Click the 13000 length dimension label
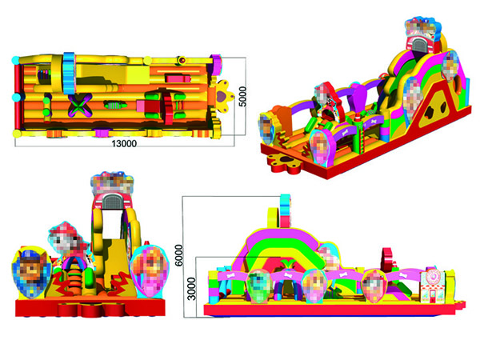point(124,143)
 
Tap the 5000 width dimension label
point(242,97)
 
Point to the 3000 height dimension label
point(191,289)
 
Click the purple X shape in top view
point(80,106)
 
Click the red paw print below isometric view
point(286,162)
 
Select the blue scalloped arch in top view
point(69,74)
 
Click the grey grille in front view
point(112,202)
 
